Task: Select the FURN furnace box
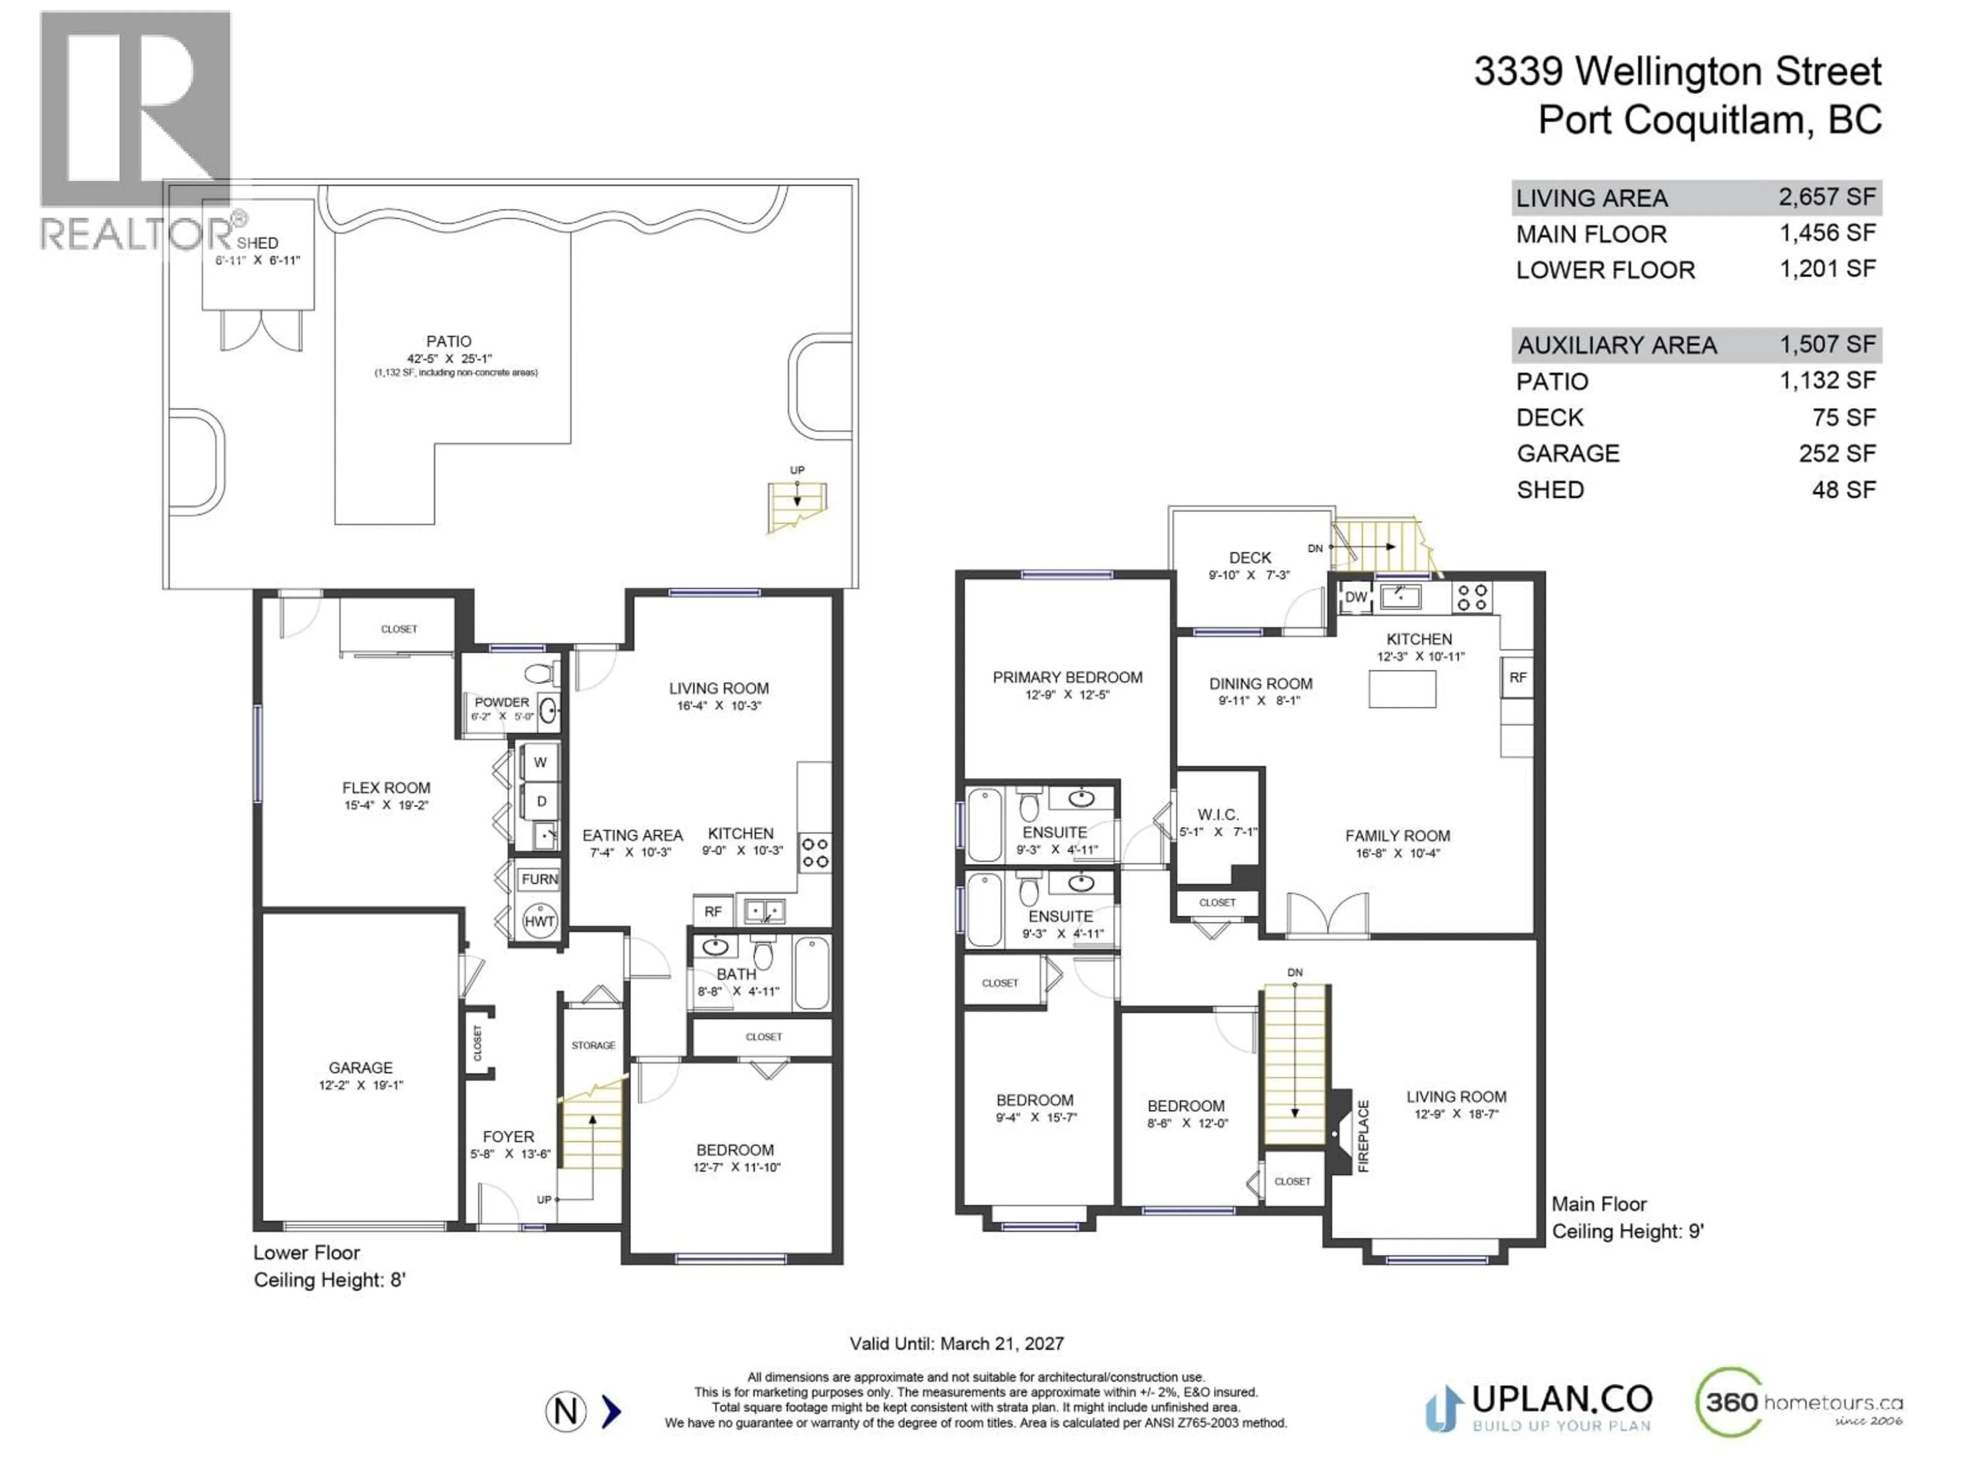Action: (540, 879)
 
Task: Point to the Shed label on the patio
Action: (257, 243)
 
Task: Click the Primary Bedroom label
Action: (1067, 678)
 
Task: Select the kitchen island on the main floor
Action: (1402, 689)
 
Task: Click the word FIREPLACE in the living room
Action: (1363, 1136)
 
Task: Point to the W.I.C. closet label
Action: (1217, 814)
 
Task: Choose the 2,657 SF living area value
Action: (1826, 197)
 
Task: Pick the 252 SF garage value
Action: (1837, 453)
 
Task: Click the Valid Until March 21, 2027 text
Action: (956, 1343)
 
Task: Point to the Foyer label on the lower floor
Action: (508, 1137)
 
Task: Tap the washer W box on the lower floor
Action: (540, 763)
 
